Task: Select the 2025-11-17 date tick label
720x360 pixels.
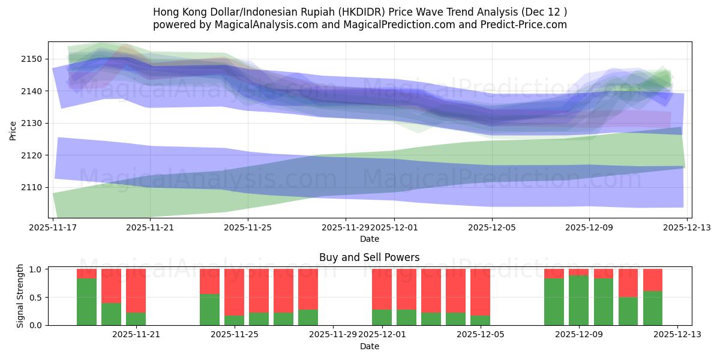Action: coord(53,228)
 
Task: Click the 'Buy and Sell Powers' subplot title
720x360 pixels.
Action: coord(369,258)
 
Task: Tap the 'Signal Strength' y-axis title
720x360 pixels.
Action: coord(20,296)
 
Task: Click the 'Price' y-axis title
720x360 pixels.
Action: coord(13,130)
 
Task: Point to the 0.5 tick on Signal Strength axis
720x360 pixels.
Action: coord(36,297)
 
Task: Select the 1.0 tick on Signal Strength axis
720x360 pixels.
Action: coord(36,269)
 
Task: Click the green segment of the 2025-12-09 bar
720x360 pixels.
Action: coord(578,300)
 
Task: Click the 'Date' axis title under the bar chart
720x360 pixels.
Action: coord(369,346)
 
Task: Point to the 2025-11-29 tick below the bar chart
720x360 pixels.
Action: coord(332,335)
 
